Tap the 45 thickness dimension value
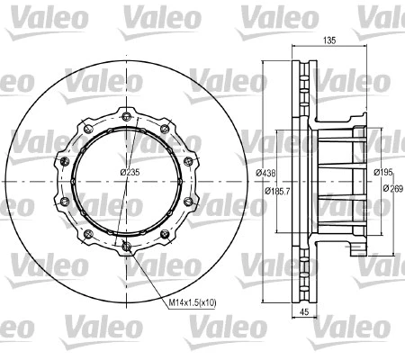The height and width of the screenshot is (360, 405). click(303, 313)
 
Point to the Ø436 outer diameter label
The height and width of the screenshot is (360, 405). click(265, 172)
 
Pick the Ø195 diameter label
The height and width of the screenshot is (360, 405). click(383, 172)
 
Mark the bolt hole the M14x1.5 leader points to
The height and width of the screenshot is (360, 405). click(127, 247)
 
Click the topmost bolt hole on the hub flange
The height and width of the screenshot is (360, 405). click(126, 115)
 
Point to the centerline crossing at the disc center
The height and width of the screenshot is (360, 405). click(126, 181)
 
